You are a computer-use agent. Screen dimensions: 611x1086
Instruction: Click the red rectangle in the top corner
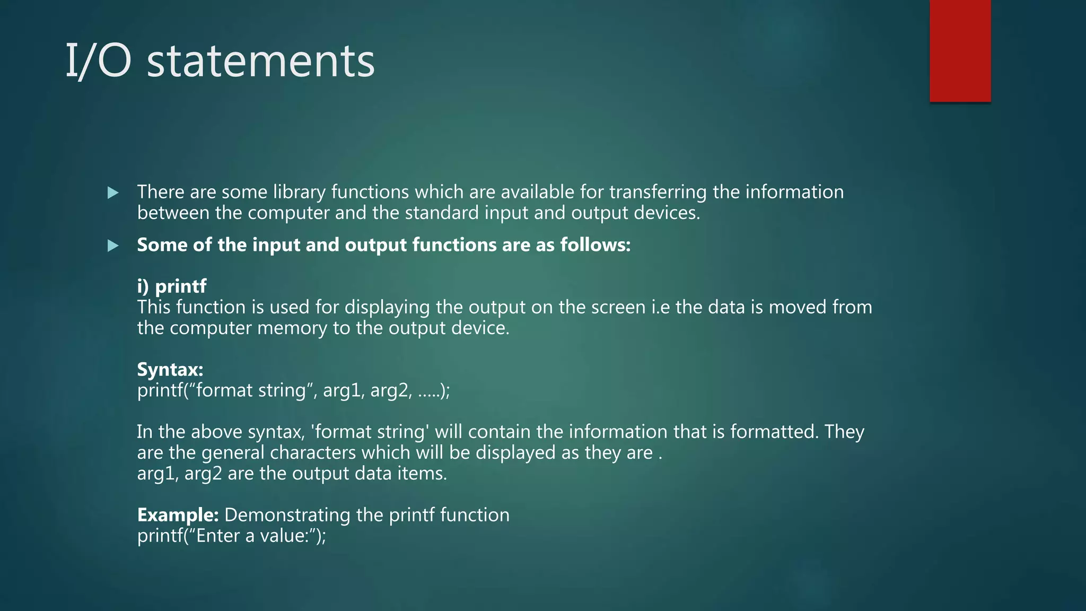(960, 51)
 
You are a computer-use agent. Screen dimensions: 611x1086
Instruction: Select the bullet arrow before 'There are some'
(113, 193)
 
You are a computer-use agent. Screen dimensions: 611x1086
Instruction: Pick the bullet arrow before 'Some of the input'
(113, 246)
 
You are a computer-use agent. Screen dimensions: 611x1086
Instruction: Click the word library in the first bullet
(299, 192)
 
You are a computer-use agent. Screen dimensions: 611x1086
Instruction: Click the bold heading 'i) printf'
(172, 286)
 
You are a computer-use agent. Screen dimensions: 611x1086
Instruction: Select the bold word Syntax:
(170, 369)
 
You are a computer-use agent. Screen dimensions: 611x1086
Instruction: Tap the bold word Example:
(178, 515)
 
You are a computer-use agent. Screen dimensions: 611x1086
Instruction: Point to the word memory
(292, 328)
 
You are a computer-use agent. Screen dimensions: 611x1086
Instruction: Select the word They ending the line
(844, 432)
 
